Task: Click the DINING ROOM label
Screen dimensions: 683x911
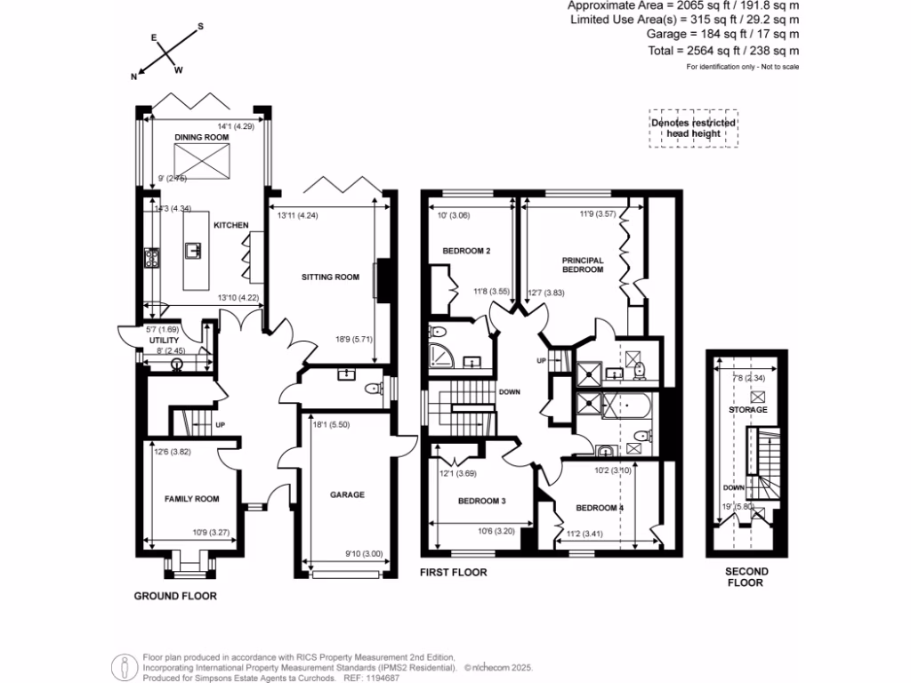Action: tap(202, 138)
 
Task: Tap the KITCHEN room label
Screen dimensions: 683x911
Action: tap(230, 226)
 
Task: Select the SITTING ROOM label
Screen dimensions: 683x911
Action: tap(330, 277)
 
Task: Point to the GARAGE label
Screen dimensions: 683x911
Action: tap(347, 494)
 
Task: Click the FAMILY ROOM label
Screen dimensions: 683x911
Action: tap(191, 499)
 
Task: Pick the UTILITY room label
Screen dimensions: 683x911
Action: tap(165, 341)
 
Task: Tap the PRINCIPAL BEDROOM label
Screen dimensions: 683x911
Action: tap(583, 265)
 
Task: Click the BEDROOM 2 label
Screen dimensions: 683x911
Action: tap(466, 251)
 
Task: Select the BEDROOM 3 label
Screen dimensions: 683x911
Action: tap(481, 502)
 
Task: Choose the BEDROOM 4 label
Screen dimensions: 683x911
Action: tap(600, 508)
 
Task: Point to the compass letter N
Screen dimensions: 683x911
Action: tap(134, 77)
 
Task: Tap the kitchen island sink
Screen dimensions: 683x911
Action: tap(192, 251)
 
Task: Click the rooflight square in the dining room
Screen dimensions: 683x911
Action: tap(201, 161)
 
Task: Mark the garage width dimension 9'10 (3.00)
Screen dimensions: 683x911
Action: tap(365, 554)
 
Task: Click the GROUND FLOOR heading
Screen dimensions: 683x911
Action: tap(175, 596)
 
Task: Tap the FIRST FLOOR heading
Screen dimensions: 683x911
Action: tap(454, 573)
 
